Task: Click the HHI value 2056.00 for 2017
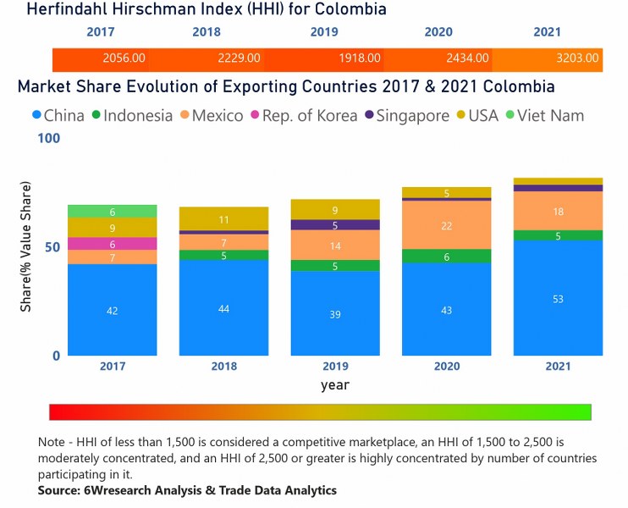pyautogui.click(x=124, y=58)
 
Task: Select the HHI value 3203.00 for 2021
pyautogui.click(x=577, y=58)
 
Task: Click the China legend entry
pyautogui.click(x=57, y=115)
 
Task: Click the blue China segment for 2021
pyautogui.click(x=558, y=298)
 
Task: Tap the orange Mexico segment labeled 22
pyautogui.click(x=446, y=225)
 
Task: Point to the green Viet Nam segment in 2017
pyautogui.click(x=112, y=212)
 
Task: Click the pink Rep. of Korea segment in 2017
pyautogui.click(x=112, y=244)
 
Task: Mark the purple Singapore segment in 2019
pyautogui.click(x=335, y=225)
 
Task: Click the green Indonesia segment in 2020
pyautogui.click(x=446, y=257)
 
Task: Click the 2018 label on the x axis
pyautogui.click(x=223, y=367)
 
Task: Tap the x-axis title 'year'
pyautogui.click(x=334, y=384)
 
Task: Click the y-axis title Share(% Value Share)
pyautogui.click(x=26, y=246)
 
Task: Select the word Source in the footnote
pyautogui.click(x=58, y=490)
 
